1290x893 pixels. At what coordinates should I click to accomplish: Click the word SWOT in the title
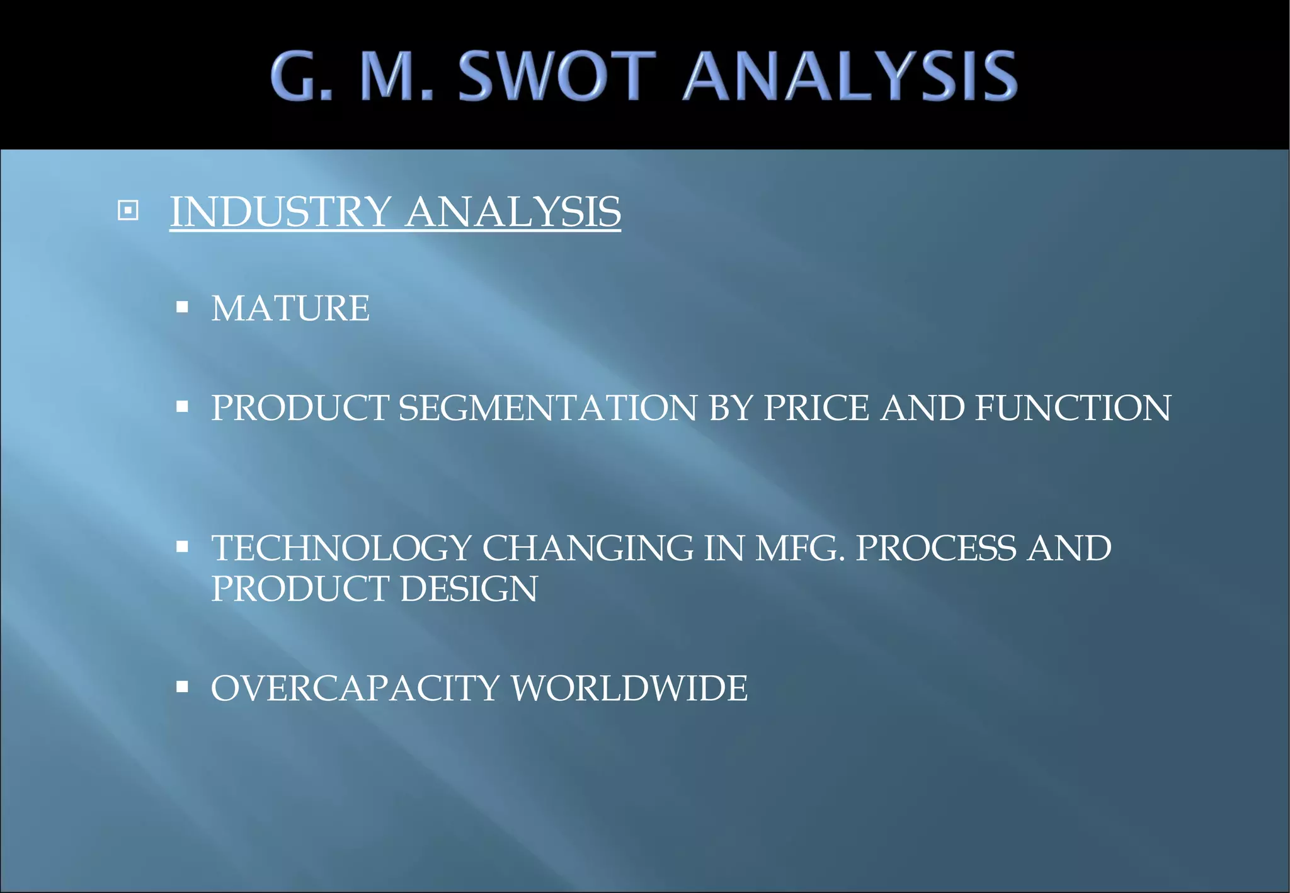(558, 76)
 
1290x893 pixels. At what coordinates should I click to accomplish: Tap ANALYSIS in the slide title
(850, 76)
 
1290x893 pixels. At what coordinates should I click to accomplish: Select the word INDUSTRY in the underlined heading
(281, 212)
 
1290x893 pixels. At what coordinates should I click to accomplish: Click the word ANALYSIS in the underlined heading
(513, 212)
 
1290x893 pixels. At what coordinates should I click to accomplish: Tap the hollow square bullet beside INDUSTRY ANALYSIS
(128, 210)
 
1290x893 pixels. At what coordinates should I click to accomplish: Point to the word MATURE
(290, 309)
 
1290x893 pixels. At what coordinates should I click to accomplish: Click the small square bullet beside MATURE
(183, 307)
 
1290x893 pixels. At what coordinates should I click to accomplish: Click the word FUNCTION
(1073, 408)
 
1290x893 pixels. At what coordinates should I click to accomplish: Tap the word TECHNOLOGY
(341, 548)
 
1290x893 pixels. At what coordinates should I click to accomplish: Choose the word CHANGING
(587, 548)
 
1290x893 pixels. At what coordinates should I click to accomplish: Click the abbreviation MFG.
(800, 548)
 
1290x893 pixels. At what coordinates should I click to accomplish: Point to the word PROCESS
(936, 548)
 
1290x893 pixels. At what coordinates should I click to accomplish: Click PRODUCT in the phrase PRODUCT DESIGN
(300, 589)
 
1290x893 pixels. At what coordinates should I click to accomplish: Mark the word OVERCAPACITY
(355, 688)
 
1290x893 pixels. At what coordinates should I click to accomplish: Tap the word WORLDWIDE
(629, 688)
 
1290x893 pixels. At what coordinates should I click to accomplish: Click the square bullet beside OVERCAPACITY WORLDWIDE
(183, 686)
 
